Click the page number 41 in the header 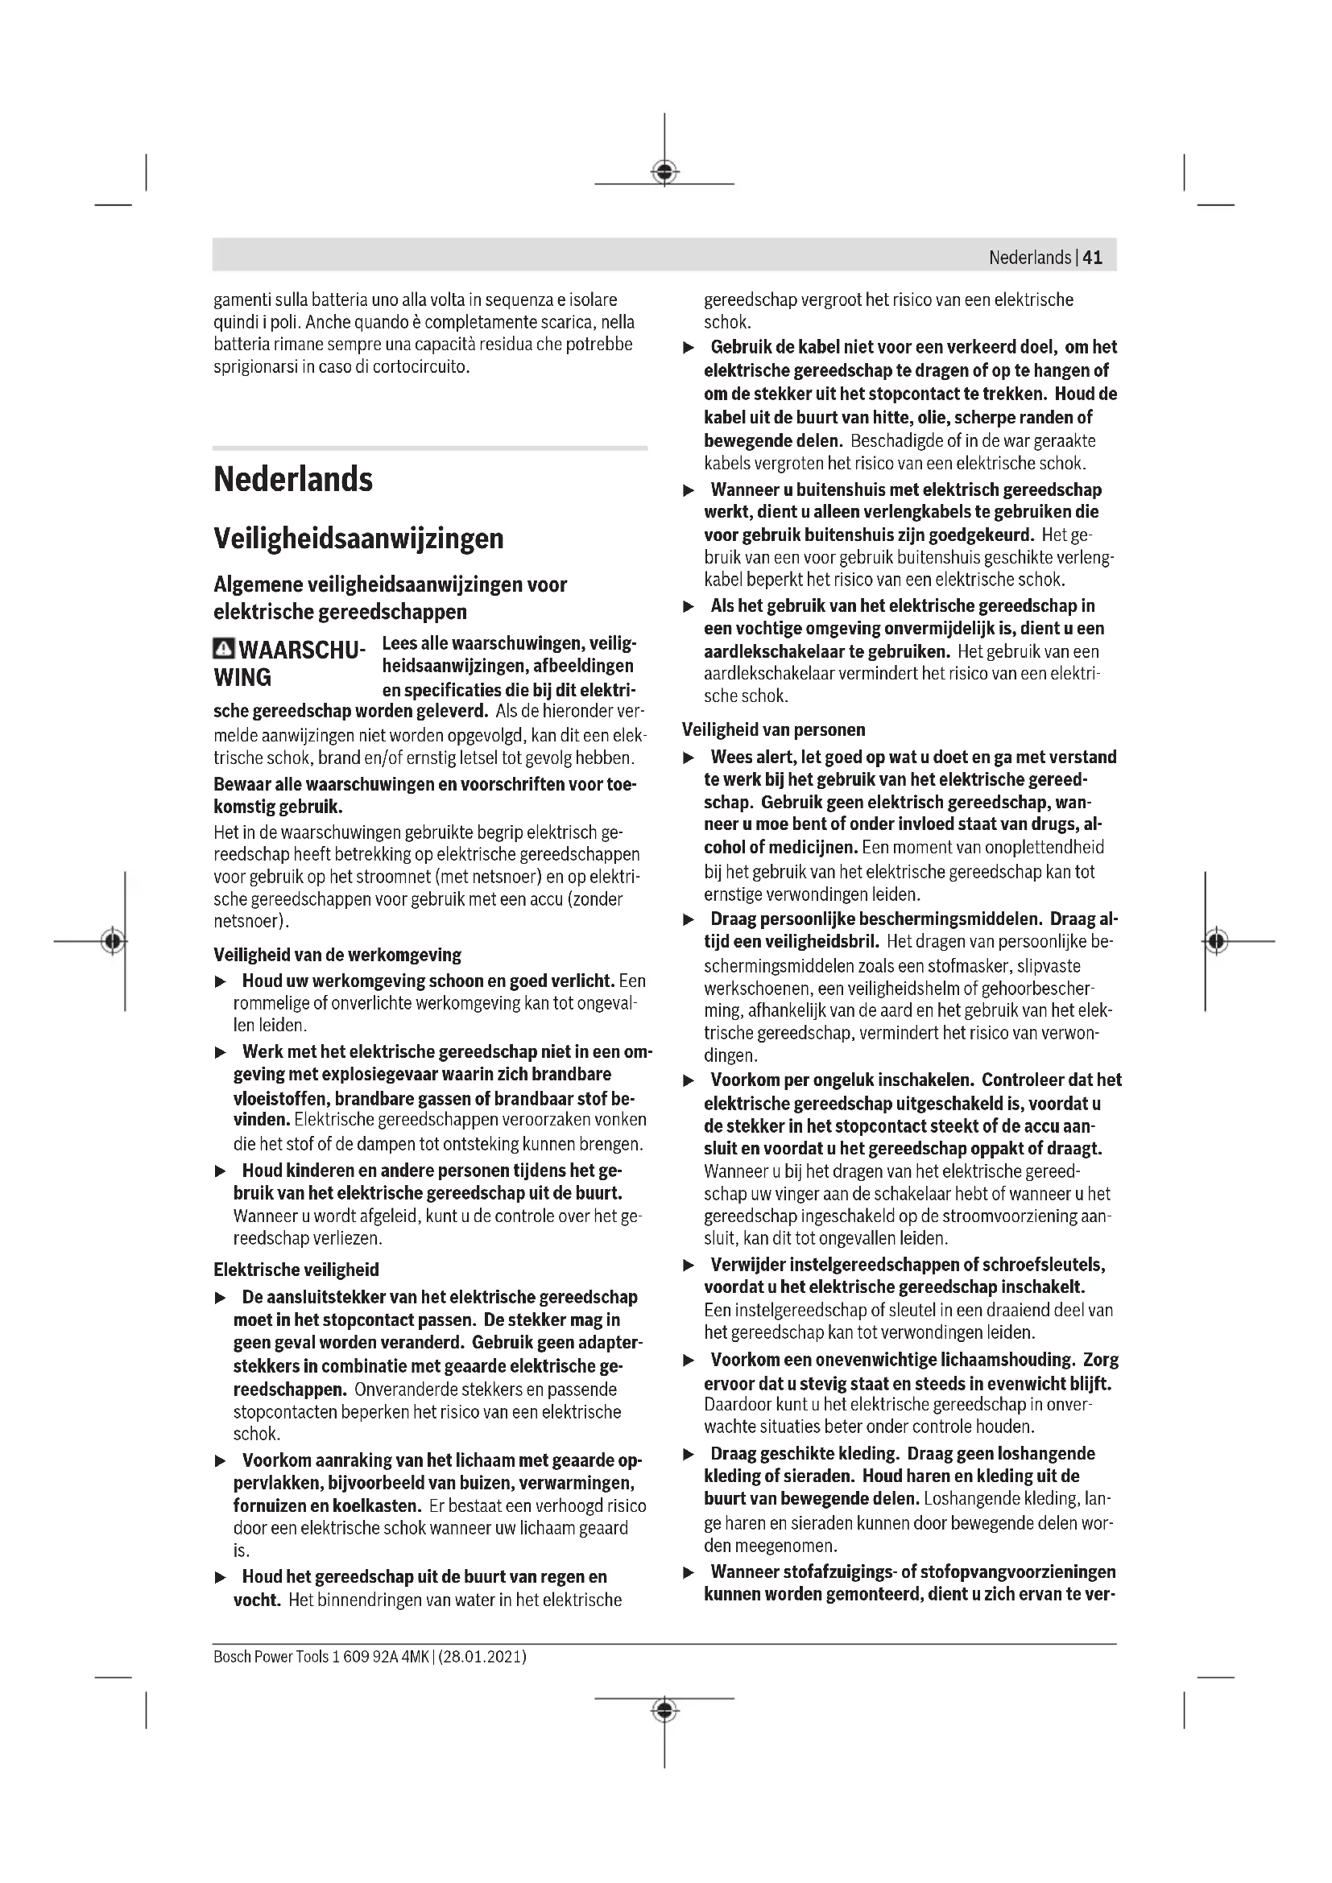1093,258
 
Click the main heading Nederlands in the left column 293,479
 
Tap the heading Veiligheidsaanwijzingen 358,539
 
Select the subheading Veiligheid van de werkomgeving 337,955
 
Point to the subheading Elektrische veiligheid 296,1270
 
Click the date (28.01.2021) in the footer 482,1656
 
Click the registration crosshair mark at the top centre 664,171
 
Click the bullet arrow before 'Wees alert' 690,758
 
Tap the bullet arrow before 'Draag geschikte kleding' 690,1454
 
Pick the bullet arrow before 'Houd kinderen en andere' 220,1171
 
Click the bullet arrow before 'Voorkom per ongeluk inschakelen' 690,1081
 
